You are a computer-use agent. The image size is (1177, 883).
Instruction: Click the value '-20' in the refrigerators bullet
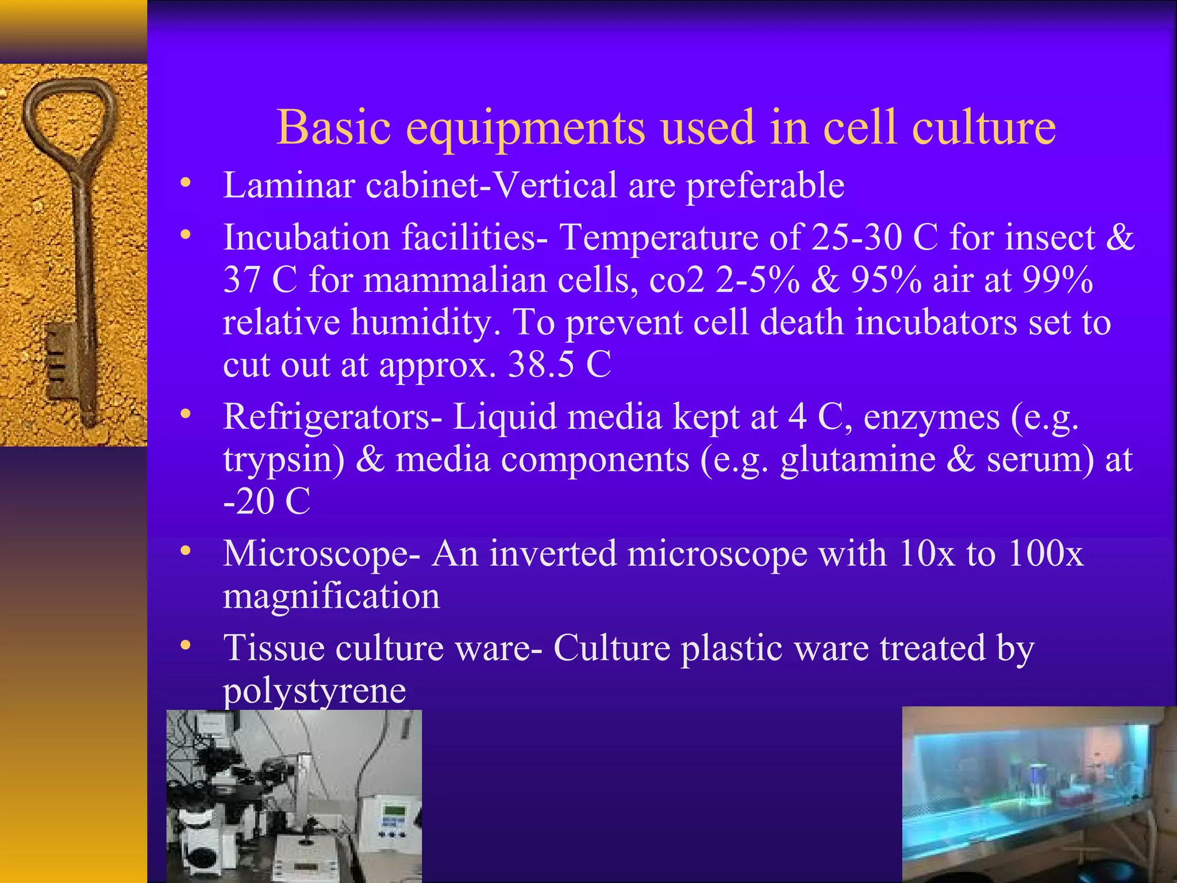coord(248,501)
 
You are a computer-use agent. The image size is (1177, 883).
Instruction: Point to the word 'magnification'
coord(331,596)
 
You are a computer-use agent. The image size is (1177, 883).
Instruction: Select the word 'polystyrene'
coord(314,690)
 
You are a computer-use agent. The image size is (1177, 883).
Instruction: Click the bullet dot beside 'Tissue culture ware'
coord(184,646)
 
